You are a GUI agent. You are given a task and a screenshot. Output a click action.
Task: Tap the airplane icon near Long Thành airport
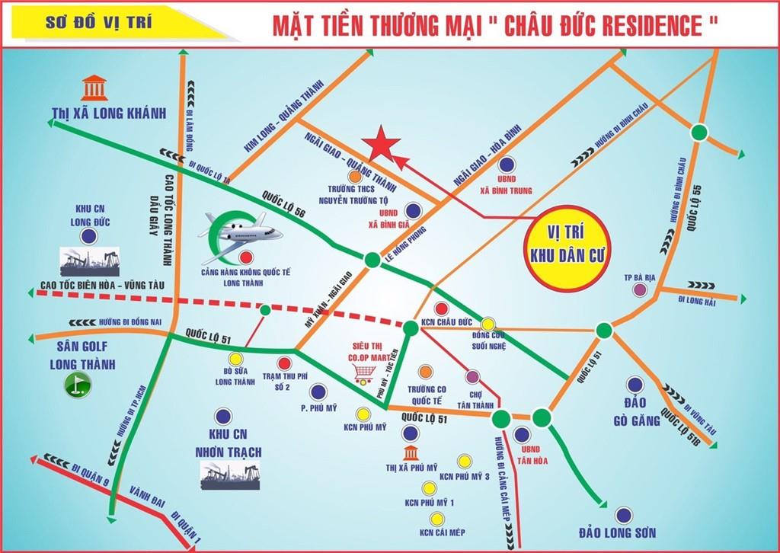click(x=243, y=228)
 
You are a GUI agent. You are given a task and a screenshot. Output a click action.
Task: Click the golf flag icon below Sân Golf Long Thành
click(x=75, y=385)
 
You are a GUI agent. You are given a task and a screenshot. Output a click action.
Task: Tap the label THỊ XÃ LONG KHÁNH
click(x=108, y=113)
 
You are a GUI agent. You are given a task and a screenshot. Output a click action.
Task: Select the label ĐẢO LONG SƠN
click(x=617, y=532)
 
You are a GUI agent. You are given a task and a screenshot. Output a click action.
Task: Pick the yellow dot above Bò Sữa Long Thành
click(x=235, y=358)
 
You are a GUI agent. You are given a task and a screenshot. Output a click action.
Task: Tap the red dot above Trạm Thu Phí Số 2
click(x=284, y=363)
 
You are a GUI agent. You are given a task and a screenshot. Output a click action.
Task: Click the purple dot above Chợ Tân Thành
click(x=472, y=376)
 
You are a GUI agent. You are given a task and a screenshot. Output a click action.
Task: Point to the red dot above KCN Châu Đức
click(x=440, y=308)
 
